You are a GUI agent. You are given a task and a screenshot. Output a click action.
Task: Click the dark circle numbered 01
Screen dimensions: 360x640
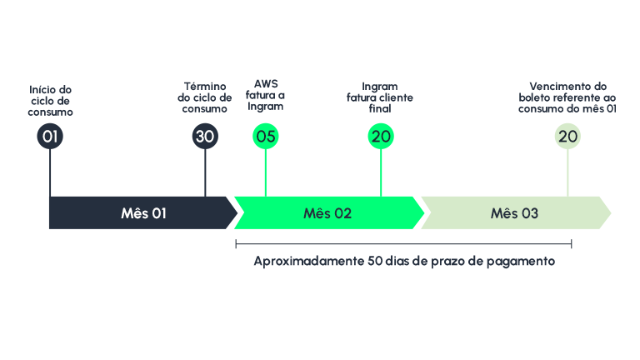tap(50, 137)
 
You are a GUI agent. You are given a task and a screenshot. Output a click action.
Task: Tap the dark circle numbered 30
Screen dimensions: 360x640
tap(205, 137)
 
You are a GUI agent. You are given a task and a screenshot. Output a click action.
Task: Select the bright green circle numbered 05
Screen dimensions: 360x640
tap(265, 137)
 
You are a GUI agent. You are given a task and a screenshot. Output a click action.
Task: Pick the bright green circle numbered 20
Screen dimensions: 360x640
tap(381, 137)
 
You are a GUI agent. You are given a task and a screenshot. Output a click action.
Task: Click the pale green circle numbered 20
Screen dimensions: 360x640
tap(567, 137)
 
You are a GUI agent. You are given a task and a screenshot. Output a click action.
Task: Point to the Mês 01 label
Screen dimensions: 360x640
tap(143, 213)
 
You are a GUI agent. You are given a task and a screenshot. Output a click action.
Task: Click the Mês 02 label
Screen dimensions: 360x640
tap(327, 213)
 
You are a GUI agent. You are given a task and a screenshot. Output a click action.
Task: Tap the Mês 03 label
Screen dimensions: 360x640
tap(514, 213)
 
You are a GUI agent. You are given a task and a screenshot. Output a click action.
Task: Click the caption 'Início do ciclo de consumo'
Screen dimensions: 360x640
tap(50, 100)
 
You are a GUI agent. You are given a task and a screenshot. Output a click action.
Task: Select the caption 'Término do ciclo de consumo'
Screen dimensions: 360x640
tap(204, 97)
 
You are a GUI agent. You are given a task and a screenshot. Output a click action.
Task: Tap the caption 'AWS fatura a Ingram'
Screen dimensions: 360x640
tap(265, 95)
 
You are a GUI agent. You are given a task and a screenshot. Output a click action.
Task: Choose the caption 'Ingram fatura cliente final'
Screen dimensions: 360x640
tap(380, 97)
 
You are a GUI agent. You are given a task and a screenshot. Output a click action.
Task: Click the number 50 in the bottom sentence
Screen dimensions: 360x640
tap(374, 262)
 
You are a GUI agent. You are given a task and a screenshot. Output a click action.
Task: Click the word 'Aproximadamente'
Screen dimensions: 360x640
tap(307, 262)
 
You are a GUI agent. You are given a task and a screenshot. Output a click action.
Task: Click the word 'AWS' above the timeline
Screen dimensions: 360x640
tap(266, 83)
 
